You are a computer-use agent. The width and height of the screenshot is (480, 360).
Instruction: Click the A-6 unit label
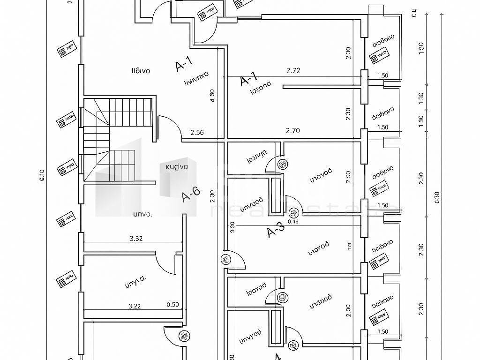pos(191,194)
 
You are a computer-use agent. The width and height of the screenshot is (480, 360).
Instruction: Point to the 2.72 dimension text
pos(293,71)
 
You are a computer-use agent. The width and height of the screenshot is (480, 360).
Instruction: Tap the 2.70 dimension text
pos(293,131)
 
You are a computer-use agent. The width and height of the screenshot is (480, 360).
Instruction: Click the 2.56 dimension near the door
pos(197,133)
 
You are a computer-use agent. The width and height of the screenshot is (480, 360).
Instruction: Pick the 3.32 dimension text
pos(136,238)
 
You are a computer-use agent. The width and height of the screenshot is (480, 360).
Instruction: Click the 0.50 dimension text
pos(173,304)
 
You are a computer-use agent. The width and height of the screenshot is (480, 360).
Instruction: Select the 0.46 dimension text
pos(293,221)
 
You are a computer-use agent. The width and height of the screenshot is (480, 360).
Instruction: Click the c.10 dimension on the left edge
pos(42,175)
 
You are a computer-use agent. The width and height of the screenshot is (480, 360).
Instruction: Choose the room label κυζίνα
pos(176,167)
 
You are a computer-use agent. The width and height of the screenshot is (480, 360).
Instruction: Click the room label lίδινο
pos(141,71)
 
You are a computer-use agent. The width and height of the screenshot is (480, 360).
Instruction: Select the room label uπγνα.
pos(136,282)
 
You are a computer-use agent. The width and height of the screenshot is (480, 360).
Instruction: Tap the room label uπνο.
pos(142,214)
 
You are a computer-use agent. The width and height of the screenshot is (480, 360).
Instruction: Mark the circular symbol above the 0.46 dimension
pos(293,212)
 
